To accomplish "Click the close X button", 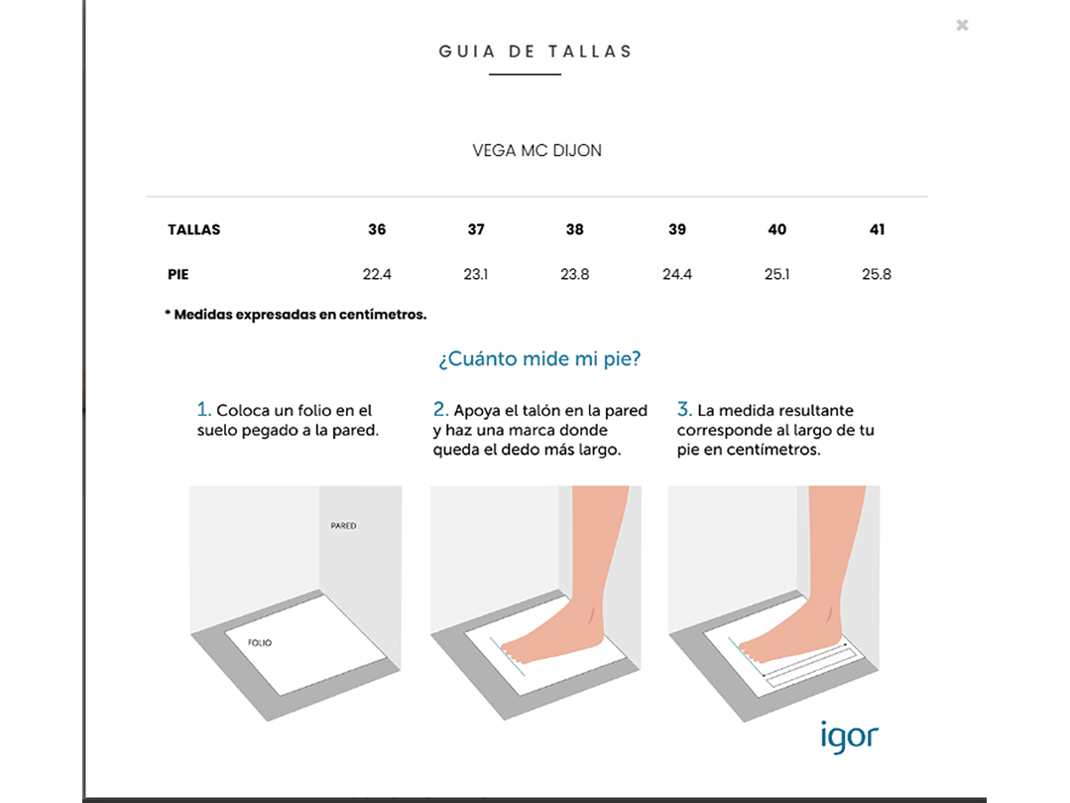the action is click(962, 25).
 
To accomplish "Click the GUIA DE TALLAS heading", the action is click(535, 52).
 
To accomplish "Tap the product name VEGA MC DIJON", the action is click(537, 150).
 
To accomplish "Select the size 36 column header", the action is click(377, 229).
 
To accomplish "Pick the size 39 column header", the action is click(677, 229).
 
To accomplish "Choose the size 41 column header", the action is click(877, 229).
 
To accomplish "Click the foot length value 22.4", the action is click(377, 274).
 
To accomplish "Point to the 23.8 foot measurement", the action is click(574, 274).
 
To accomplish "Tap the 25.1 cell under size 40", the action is click(776, 274).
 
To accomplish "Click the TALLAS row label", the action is click(193, 229).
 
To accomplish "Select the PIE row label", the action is click(178, 275).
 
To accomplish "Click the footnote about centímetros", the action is click(296, 315).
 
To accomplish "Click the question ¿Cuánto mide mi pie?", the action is click(539, 358).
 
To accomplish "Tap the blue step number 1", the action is click(203, 409).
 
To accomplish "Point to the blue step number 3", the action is click(684, 409).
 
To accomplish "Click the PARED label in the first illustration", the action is click(343, 526).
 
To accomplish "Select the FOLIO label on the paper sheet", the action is click(260, 642).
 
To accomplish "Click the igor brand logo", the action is click(850, 736).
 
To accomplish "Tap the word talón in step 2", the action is click(543, 410).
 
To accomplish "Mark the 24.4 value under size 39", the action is click(677, 274).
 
